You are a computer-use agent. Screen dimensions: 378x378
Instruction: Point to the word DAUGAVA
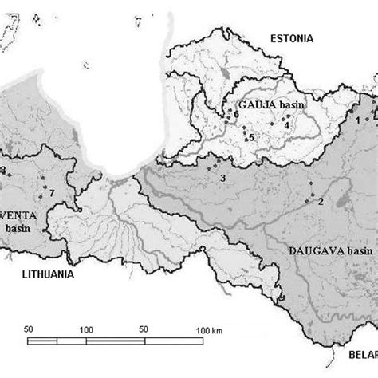coord(312,250)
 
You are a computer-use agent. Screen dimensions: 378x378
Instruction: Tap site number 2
coord(320,201)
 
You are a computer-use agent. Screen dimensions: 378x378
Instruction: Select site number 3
coord(222,177)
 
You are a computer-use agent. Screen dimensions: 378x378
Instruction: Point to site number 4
coord(286,124)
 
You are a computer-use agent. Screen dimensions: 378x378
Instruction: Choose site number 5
coord(251,138)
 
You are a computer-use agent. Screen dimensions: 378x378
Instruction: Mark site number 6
coord(237,114)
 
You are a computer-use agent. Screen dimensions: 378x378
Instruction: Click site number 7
coord(52,193)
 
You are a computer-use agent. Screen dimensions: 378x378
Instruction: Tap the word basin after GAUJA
coord(291,104)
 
